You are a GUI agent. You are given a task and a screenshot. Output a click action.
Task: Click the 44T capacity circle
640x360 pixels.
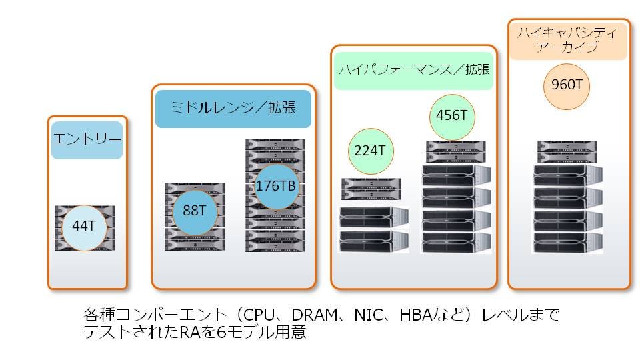84,227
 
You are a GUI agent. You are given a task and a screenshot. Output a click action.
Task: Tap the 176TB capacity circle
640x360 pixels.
276,187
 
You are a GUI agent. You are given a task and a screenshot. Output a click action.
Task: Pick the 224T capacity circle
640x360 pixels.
371,151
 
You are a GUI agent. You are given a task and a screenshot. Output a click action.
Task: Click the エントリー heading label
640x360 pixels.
87,140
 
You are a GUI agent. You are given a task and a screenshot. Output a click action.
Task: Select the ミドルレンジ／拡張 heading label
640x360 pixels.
233,109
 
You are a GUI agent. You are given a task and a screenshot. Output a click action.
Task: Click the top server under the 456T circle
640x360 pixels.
456,146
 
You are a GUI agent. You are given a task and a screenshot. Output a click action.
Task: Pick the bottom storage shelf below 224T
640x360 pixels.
374,241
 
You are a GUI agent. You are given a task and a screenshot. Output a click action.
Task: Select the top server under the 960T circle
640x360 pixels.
567,146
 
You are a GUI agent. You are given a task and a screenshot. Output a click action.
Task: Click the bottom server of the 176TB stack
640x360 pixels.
275,246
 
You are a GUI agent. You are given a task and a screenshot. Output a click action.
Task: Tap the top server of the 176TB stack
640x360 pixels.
275,145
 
